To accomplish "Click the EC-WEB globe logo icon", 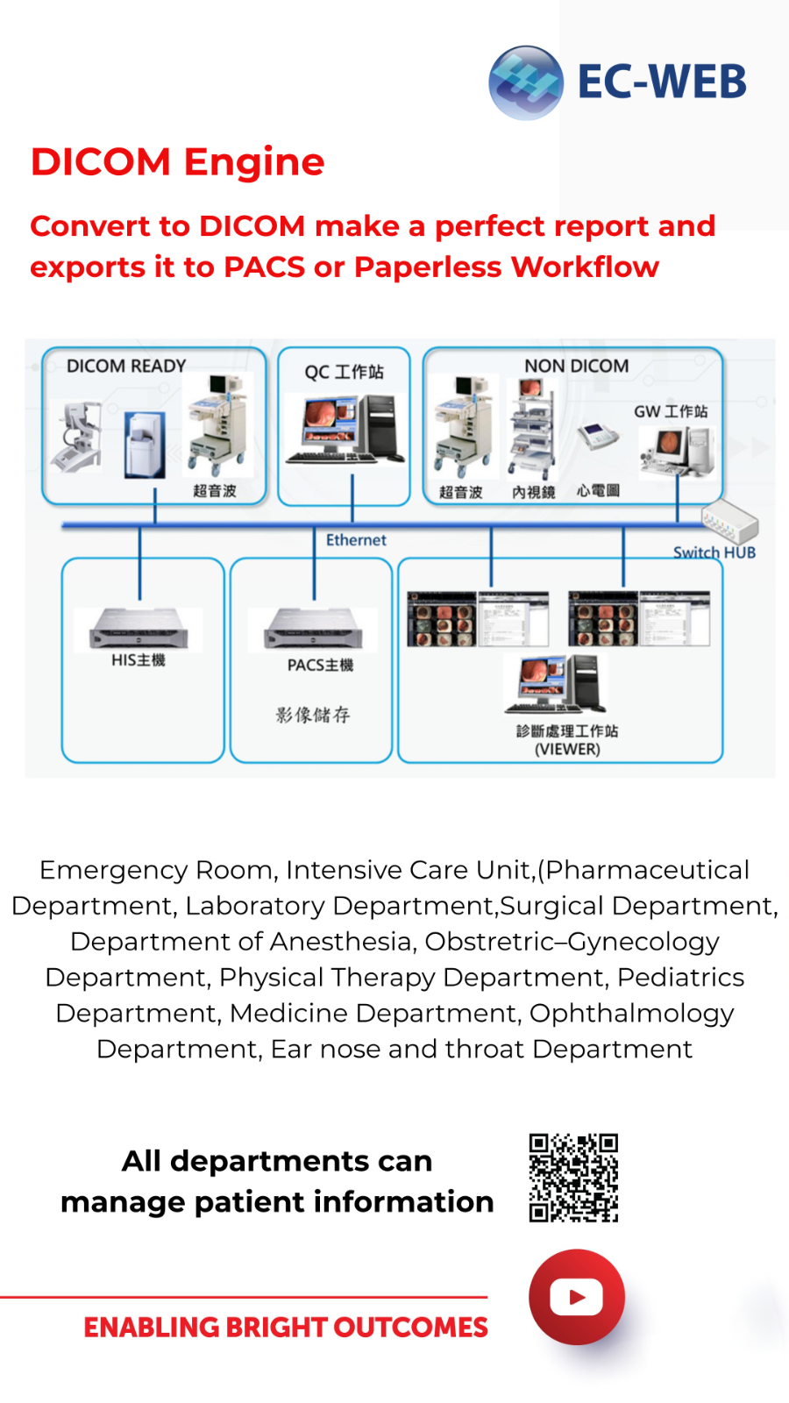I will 526,82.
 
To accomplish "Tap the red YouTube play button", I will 576,1297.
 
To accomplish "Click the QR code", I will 573,1178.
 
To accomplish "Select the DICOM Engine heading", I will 177,162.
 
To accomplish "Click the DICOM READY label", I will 126,366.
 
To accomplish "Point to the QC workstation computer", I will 344,430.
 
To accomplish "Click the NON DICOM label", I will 576,366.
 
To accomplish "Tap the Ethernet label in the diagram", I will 356,540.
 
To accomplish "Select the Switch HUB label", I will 714,552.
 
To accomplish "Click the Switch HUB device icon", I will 729,523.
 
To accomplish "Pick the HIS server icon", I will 139,628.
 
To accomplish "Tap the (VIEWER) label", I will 567,750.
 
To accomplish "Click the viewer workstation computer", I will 556,684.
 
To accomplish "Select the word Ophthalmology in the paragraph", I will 631,1013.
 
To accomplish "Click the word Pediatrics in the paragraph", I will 680,977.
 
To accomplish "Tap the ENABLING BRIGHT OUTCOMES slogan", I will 286,1328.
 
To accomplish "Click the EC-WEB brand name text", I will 662,82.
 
